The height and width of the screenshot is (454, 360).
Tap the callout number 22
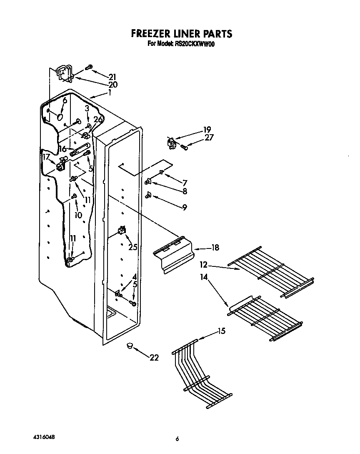click(x=154, y=358)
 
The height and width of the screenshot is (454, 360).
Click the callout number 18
click(x=215, y=248)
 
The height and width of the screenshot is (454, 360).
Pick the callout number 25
click(x=133, y=247)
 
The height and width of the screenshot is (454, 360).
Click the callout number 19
click(x=207, y=129)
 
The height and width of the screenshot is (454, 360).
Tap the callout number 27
click(x=209, y=137)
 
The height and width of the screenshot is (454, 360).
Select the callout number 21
click(x=112, y=77)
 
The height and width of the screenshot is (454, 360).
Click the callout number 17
click(x=46, y=157)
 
